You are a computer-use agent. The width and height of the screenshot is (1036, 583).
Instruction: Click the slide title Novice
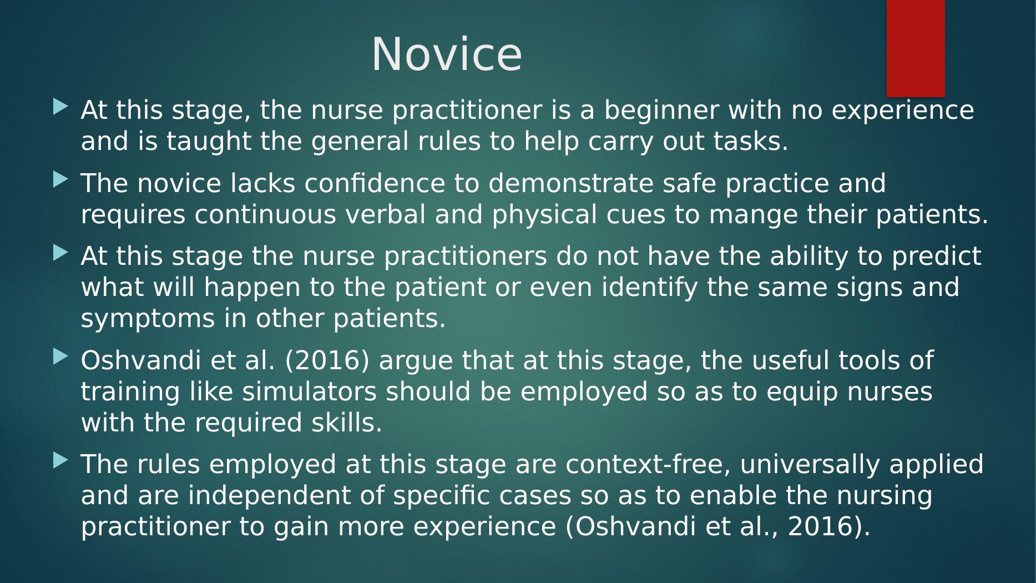[x=447, y=54]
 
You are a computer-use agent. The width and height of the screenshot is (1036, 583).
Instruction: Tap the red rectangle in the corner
[x=916, y=48]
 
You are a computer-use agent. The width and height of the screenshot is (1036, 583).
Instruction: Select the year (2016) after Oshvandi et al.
[x=327, y=361]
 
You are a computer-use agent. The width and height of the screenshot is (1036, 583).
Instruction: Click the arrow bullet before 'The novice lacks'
[x=61, y=179]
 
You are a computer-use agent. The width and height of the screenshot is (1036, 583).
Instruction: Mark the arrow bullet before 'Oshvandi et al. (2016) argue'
[x=61, y=356]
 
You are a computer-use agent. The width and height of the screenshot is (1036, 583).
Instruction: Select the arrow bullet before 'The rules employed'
[x=61, y=460]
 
